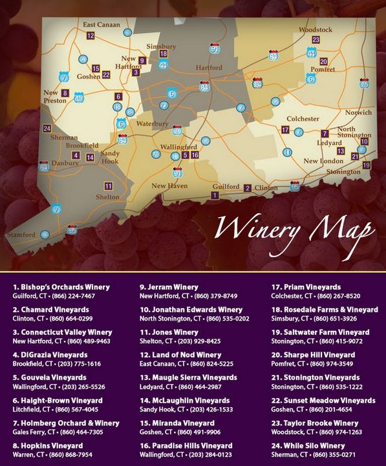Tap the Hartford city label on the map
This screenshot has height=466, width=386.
[208, 68]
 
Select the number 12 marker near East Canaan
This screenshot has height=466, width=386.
[91, 36]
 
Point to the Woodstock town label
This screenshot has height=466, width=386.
[316, 30]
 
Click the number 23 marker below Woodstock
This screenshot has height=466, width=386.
[316, 40]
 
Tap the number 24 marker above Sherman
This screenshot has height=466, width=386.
[47, 129]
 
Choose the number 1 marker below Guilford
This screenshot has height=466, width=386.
[215, 195]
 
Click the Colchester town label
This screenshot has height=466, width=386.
[303, 119]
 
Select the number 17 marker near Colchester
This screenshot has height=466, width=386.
[285, 130]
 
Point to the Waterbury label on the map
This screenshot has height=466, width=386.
[152, 123]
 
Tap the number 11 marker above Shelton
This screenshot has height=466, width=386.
[108, 186]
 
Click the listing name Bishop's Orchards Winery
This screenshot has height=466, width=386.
[61, 286]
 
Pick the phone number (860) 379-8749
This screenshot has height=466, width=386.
[211, 296]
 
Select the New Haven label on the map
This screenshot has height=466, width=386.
[169, 185]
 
